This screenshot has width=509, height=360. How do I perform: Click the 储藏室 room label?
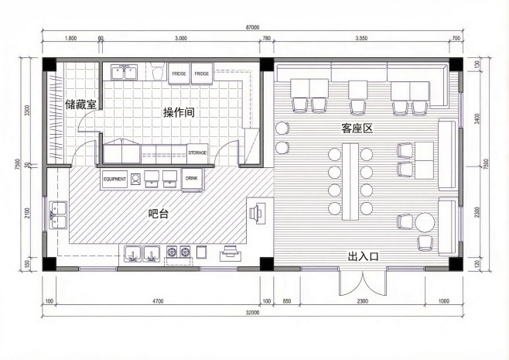click(80, 104)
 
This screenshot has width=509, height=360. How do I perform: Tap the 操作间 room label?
click(178, 113)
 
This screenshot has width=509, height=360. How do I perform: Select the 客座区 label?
click(357, 127)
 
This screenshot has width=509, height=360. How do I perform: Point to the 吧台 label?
click(158, 213)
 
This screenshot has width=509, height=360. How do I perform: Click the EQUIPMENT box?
click(114, 179)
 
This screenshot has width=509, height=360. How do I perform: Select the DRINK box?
click(192, 179)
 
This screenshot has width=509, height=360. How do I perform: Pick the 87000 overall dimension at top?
click(251, 27)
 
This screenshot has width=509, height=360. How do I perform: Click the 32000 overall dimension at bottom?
click(252, 313)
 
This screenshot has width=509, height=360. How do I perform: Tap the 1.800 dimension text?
click(70, 38)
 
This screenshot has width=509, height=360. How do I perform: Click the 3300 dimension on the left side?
click(28, 110)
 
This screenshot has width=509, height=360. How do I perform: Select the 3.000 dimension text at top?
click(181, 38)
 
